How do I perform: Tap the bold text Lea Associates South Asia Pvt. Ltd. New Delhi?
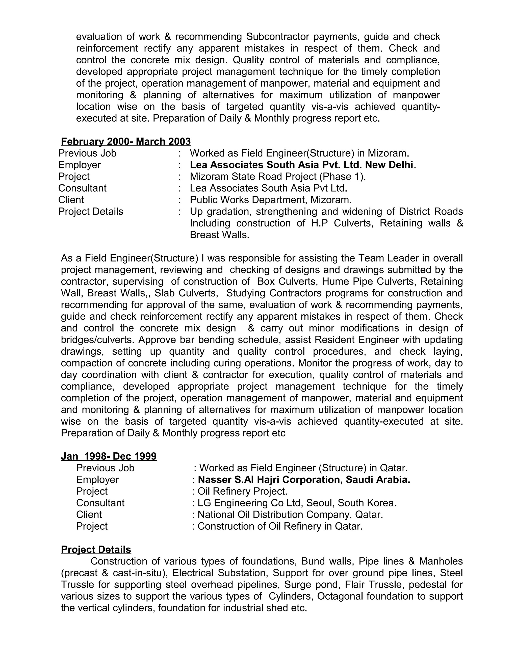pyautogui.click(x=302, y=165)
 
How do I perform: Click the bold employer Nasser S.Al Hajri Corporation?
pyautogui.click(x=304, y=480)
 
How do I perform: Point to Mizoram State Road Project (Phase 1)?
pyautogui.click(x=277, y=176)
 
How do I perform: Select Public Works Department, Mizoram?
pyautogui.click(x=270, y=200)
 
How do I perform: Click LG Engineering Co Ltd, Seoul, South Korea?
pyautogui.click(x=297, y=503)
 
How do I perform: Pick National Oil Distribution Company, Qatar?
pyautogui.click(x=290, y=514)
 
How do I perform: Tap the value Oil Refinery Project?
pyautogui.click(x=242, y=491)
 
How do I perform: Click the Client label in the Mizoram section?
pyautogui.click(x=71, y=200)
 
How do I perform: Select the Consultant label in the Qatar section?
pyautogui.click(x=100, y=503)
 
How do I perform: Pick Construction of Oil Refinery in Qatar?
pyautogui.click(x=280, y=526)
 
